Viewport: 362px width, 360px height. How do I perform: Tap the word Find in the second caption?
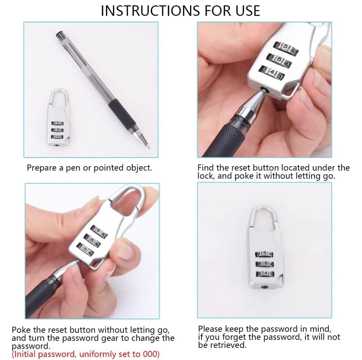click(205, 168)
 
